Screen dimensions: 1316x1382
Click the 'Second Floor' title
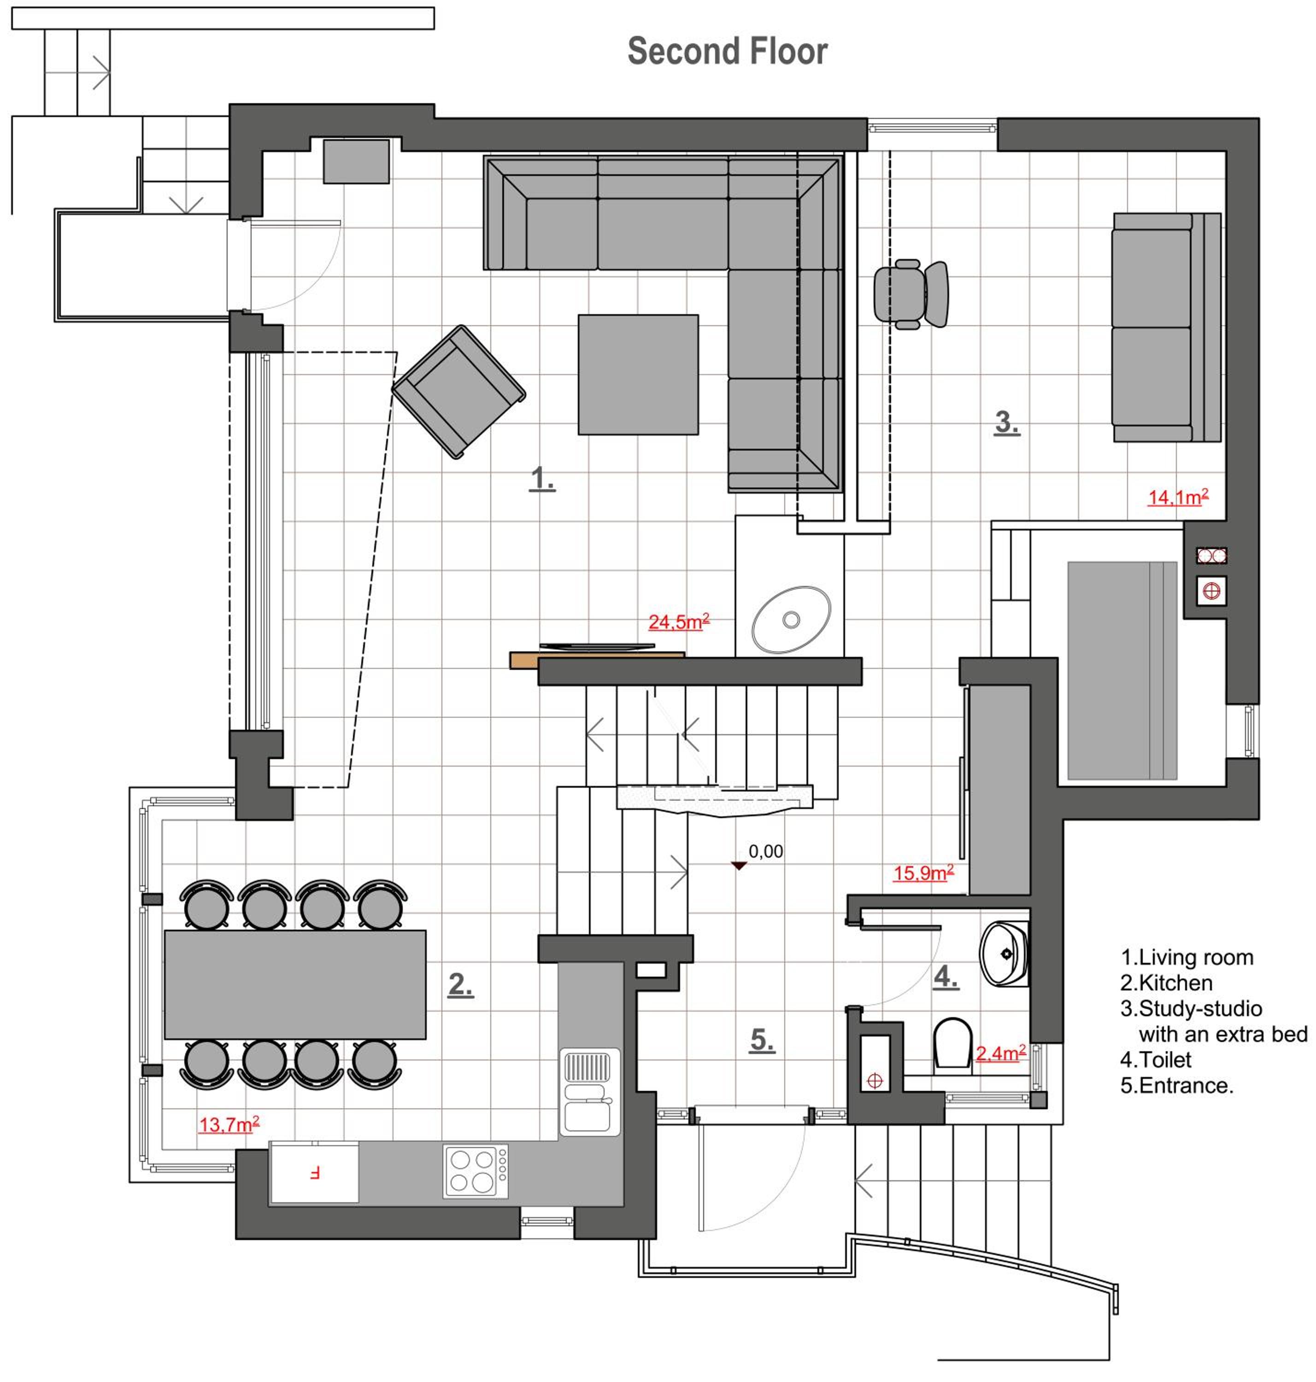tap(728, 51)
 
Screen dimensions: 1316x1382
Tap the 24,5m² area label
tap(678, 621)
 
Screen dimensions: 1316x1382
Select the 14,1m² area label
tap(1178, 497)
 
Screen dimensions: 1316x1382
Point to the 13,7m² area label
tap(229, 1124)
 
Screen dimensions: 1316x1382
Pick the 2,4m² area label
tap(1001, 1053)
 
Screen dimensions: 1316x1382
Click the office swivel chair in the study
tap(911, 294)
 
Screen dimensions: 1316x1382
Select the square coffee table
tap(638, 375)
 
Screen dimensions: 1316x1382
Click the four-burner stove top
tap(476, 1171)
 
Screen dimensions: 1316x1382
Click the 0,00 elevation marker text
tap(765, 851)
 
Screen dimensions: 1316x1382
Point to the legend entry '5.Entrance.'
tap(1176, 1085)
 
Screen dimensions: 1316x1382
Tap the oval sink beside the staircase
tap(791, 620)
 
